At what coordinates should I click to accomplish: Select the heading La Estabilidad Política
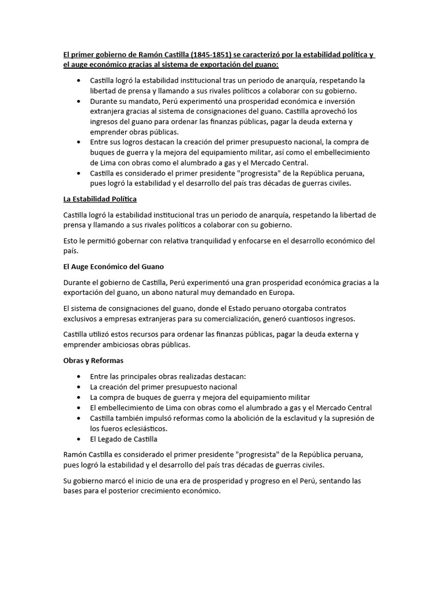pos(100,199)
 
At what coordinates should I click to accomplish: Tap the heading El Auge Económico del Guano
pos(114,267)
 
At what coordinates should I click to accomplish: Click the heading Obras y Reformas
pos(93,360)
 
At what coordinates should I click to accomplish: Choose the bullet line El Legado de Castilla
pos(123,439)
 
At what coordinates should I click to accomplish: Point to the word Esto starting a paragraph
pos(72,241)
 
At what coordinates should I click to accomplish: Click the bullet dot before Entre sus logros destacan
pos(78,142)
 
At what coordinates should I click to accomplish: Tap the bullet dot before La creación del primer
pos(78,387)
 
